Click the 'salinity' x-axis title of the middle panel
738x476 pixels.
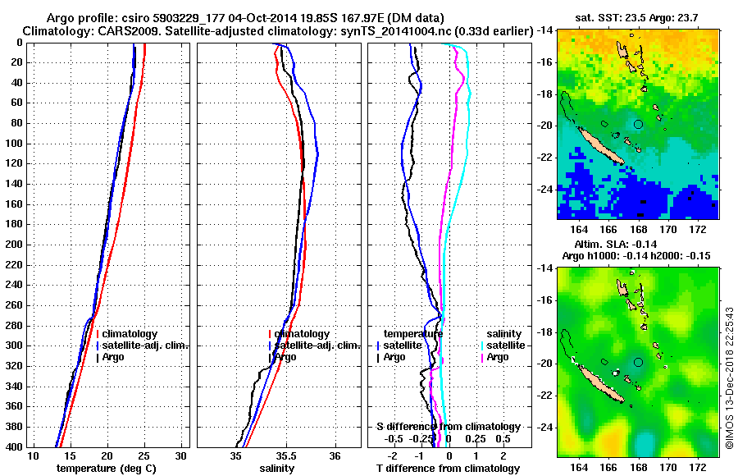tap(278, 468)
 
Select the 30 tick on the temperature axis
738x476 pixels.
tap(181, 455)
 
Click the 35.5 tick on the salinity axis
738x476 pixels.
tap(285, 455)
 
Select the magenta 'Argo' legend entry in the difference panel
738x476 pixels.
tap(498, 357)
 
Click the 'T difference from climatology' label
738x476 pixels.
tap(448, 468)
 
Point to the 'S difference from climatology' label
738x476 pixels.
tap(448, 427)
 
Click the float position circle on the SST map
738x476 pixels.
tap(638, 124)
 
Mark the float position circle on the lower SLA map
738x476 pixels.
tap(638, 362)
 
